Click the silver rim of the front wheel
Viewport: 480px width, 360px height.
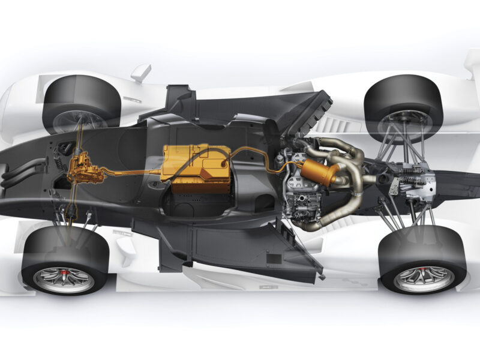[x=64, y=279]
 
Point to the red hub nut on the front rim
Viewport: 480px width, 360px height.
[x=62, y=277]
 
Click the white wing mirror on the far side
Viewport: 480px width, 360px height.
[x=140, y=73]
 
